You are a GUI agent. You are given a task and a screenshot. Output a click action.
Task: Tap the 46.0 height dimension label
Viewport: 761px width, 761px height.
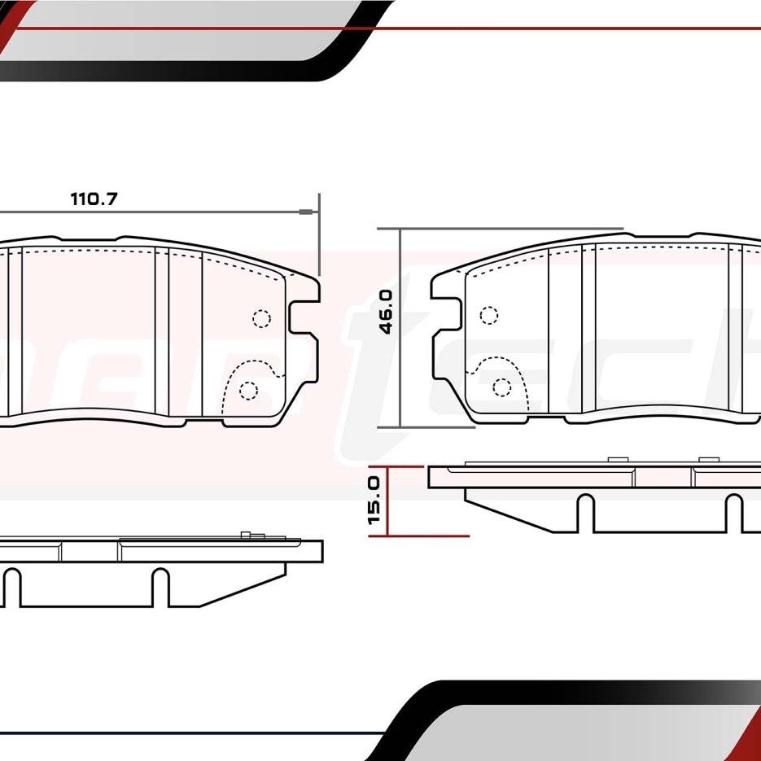pos(386,312)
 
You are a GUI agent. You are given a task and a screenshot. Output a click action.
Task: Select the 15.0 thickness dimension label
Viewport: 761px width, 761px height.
pos(374,500)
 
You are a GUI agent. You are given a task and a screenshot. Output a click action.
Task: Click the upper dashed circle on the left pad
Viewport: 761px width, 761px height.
pos(261,318)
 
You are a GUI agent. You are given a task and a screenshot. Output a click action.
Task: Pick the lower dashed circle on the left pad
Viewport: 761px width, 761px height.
pos(249,391)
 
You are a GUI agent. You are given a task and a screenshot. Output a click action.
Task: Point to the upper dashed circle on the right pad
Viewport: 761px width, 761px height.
pos(488,315)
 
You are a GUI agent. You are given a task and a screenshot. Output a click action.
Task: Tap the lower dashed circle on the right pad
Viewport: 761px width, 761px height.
pos(502,387)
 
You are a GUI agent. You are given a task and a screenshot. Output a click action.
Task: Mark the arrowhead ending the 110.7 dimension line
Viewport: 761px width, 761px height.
pos(307,213)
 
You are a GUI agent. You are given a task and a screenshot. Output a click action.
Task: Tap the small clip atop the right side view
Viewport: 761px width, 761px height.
pos(620,460)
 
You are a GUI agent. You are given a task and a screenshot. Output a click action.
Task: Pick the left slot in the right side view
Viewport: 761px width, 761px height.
pos(584,513)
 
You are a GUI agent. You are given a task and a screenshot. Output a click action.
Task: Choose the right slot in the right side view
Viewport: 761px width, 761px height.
pos(733,513)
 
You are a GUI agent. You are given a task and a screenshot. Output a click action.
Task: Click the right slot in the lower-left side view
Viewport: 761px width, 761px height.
pos(160,587)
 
